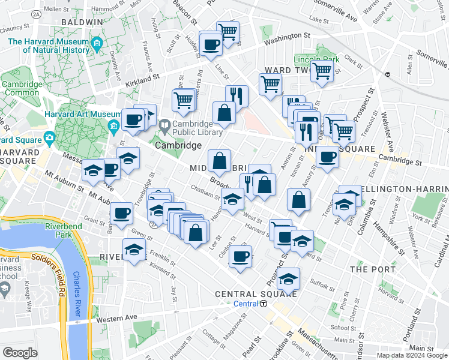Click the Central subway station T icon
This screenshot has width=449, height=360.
(x=264, y=304)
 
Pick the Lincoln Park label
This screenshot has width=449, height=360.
(x=309, y=60)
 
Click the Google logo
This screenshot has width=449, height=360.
(x=20, y=353)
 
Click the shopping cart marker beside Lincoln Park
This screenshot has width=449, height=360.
(x=322, y=71)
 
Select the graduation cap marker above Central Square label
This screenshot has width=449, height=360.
(x=289, y=279)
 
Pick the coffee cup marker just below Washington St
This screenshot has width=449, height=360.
(x=211, y=44)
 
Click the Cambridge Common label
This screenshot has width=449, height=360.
(x=22, y=89)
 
